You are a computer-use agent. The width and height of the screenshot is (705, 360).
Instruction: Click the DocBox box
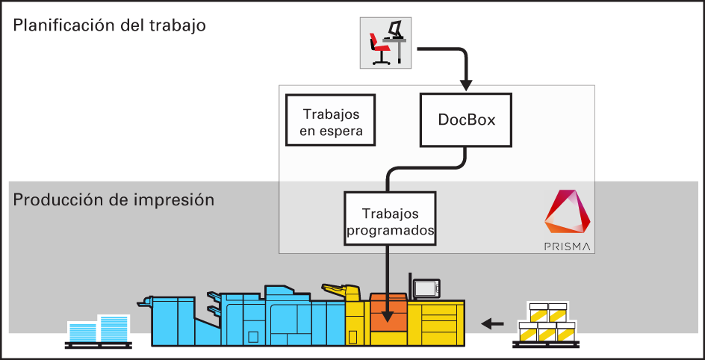coord(467,120)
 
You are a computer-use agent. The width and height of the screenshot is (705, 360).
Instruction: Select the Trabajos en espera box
coord(332,122)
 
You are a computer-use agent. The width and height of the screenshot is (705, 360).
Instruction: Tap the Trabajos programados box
coord(390,218)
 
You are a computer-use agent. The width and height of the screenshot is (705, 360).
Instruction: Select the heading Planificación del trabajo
coord(109,25)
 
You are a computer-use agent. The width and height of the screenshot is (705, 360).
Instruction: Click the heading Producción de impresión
coord(114,200)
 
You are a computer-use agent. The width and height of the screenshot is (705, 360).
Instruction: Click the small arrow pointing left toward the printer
coord(492,323)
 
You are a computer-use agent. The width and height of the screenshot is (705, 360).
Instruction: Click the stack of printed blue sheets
coord(98,330)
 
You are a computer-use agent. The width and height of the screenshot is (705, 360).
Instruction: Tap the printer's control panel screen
coord(427,288)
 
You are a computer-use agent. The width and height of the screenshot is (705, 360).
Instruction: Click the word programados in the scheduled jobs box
coord(390,231)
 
